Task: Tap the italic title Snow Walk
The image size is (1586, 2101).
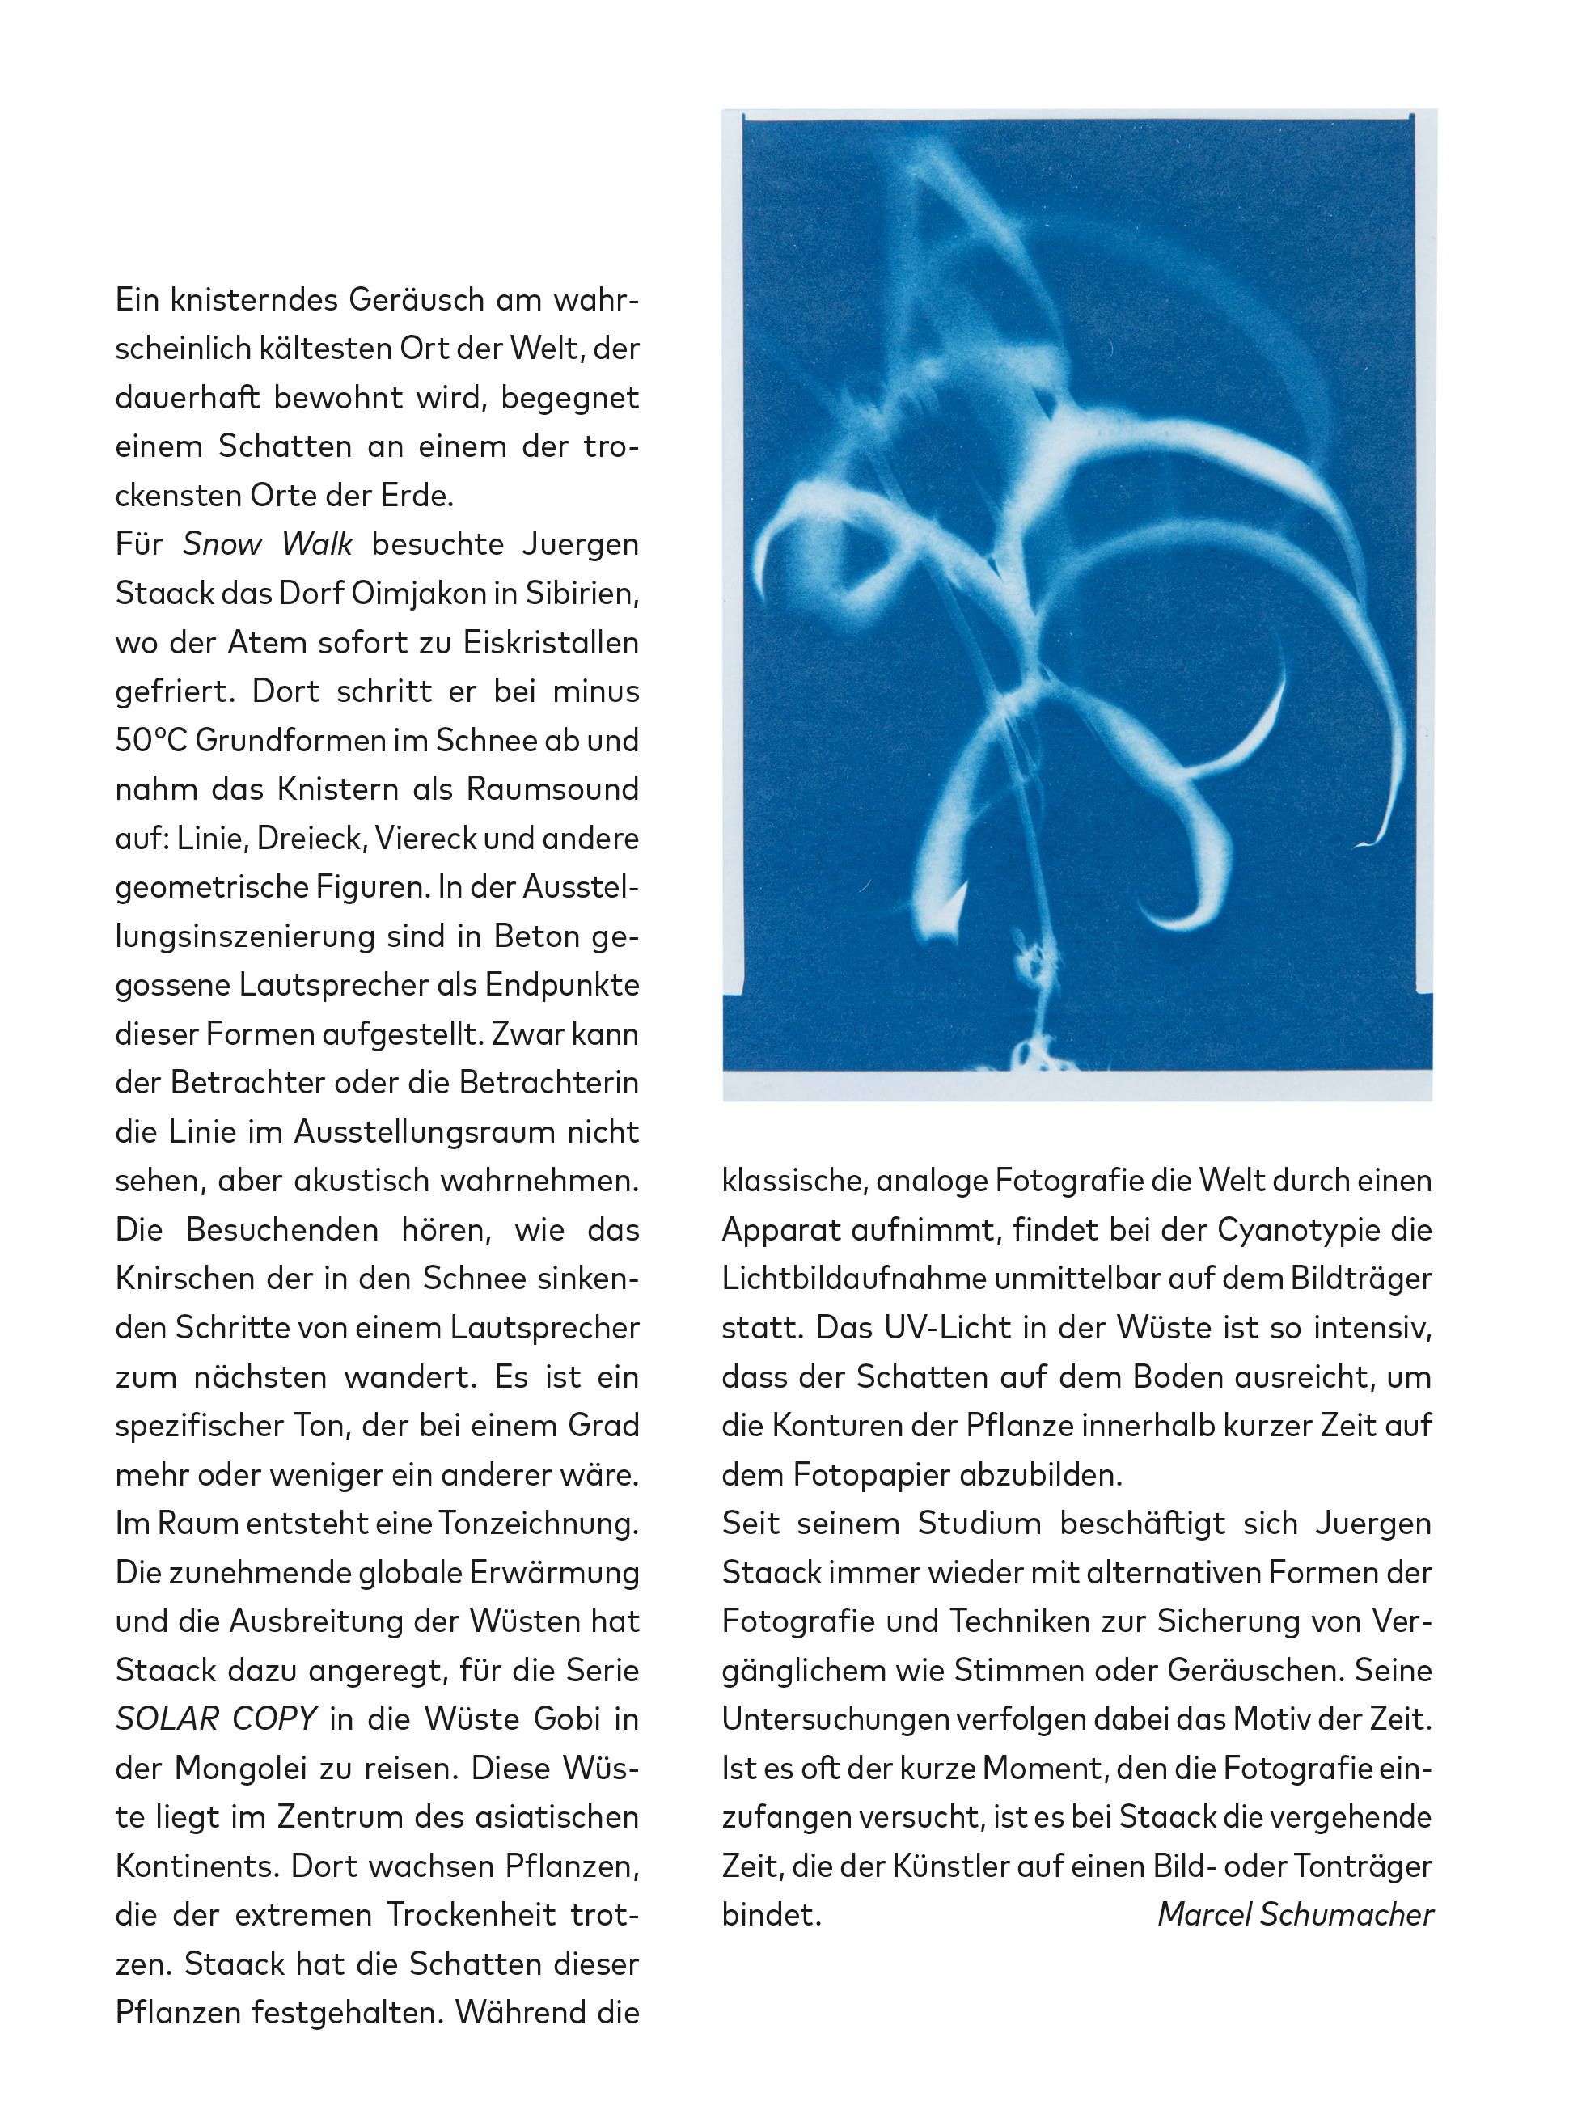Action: click(x=267, y=544)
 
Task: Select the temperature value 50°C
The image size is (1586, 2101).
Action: click(x=151, y=741)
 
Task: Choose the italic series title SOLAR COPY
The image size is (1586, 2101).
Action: click(x=216, y=1719)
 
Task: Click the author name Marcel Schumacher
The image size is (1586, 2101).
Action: click(x=1295, y=1915)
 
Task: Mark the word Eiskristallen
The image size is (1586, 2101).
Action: click(x=551, y=643)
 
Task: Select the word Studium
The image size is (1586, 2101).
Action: click(x=978, y=1524)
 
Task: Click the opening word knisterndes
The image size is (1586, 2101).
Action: click(x=255, y=300)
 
